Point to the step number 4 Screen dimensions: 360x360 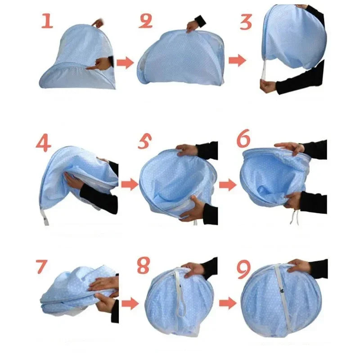click(44, 142)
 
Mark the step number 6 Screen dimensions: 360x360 click(243, 140)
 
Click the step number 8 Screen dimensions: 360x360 click(144, 265)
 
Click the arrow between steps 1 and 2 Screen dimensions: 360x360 click(126, 63)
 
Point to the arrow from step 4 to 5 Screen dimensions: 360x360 click(129, 184)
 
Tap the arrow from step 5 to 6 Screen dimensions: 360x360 click(228, 184)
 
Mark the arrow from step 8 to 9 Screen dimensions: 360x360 click(228, 303)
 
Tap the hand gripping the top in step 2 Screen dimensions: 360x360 click(193, 26)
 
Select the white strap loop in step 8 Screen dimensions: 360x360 click(182, 306)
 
